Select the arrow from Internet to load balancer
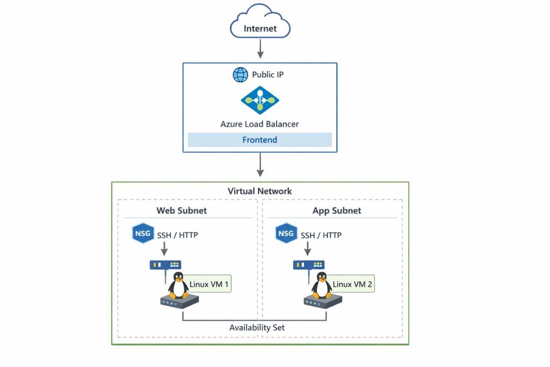click(260, 49)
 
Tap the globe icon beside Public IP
click(240, 75)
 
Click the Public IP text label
click(267, 75)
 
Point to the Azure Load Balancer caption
click(259, 124)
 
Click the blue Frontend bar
click(259, 140)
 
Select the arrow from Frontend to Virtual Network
click(260, 165)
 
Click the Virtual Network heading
click(259, 191)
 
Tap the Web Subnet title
click(182, 211)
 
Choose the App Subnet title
click(337, 211)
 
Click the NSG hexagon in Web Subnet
click(141, 234)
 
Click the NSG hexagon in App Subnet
click(285, 234)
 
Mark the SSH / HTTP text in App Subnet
click(321, 235)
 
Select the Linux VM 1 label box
click(208, 284)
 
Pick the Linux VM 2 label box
click(352, 284)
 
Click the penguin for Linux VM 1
click(178, 285)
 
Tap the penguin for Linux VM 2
click(322, 285)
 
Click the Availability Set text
click(257, 328)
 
